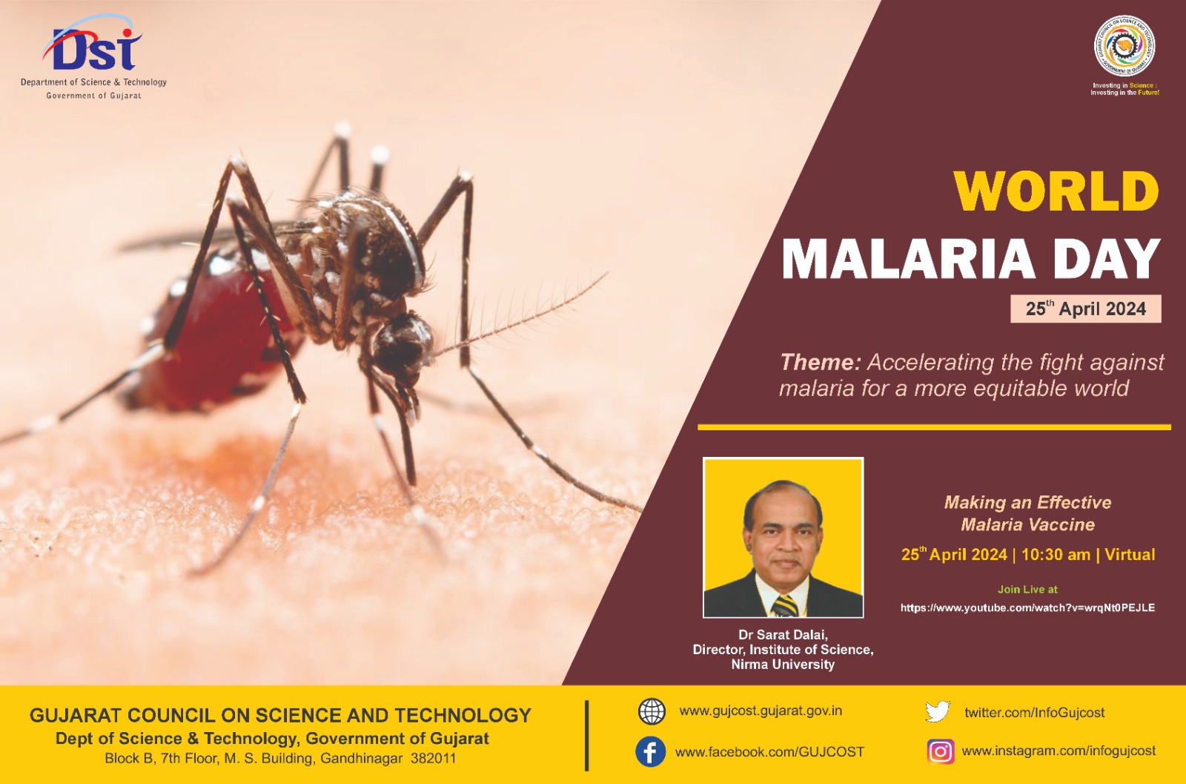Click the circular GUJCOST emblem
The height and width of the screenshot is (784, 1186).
point(1124,46)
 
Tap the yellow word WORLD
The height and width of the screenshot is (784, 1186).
point(1056,191)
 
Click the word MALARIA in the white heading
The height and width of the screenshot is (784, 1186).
point(908,260)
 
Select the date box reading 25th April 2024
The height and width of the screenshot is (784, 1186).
point(1085,309)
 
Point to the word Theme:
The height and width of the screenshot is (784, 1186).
point(820,362)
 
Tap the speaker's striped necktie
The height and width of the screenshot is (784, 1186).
point(785,605)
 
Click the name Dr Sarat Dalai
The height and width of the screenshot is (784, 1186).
point(783,635)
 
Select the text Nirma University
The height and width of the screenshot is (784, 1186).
point(783,665)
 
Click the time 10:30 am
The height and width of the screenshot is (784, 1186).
point(1056,555)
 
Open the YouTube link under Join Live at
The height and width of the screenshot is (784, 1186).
point(1027,607)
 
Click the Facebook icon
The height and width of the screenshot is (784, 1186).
point(650,751)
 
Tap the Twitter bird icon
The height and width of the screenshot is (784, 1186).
point(938,711)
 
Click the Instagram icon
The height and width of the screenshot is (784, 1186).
point(940,751)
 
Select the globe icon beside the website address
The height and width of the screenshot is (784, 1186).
point(652,711)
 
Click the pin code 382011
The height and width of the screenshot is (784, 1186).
point(433,759)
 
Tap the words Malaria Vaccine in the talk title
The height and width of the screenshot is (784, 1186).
point(1027,525)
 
